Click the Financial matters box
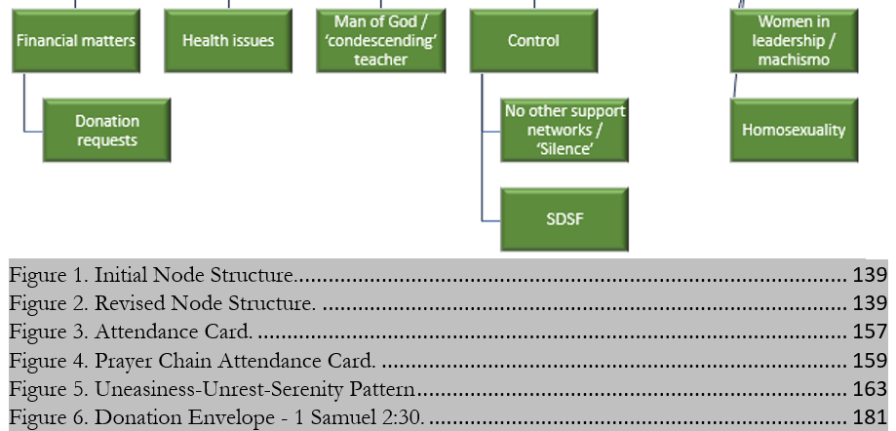pos(75,41)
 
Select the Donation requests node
pos(107,131)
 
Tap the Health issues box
pos(228,41)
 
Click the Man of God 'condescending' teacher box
pos(380,41)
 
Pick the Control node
pos(533,41)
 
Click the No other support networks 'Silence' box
pos(565,130)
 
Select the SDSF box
pos(565,219)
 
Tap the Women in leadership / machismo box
pos(794,41)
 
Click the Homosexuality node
pos(794,130)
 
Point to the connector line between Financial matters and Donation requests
pos(25,107)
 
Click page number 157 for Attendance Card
pos(870,332)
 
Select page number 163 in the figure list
pos(870,389)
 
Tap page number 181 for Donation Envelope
pos(870,418)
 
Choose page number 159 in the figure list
pos(870,361)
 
